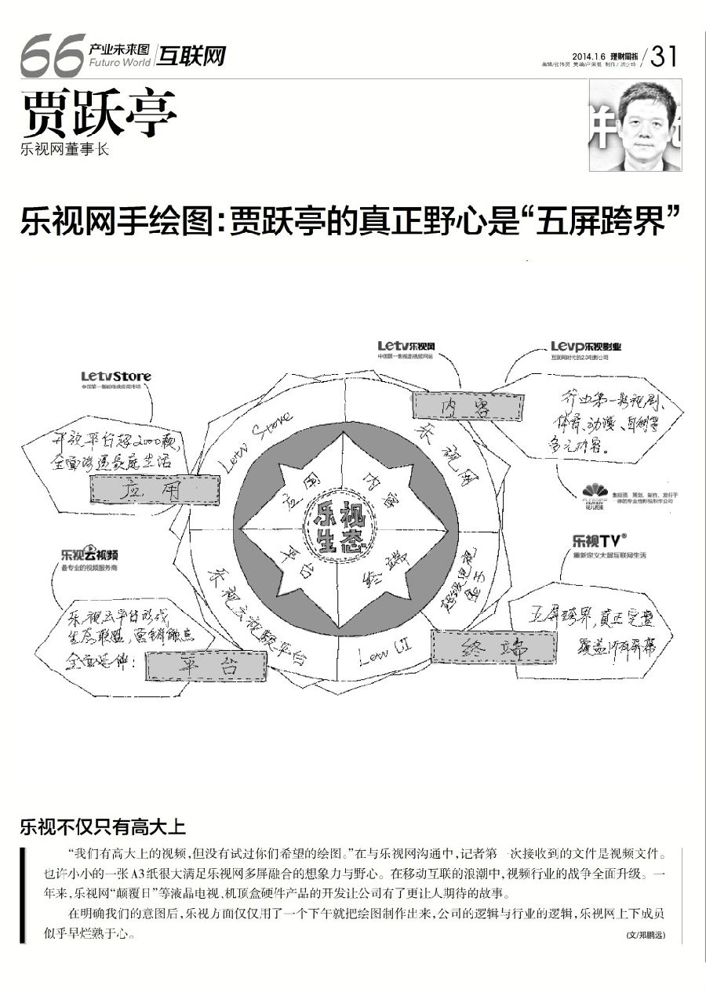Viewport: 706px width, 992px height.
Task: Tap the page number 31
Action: (664, 56)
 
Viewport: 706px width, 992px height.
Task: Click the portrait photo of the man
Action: (635, 125)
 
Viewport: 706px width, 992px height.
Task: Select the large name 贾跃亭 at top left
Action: (99, 115)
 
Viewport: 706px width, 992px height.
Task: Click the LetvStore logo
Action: (115, 377)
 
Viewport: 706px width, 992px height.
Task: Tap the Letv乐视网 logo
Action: (406, 346)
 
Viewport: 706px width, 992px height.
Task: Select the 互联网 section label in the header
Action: (191, 56)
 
